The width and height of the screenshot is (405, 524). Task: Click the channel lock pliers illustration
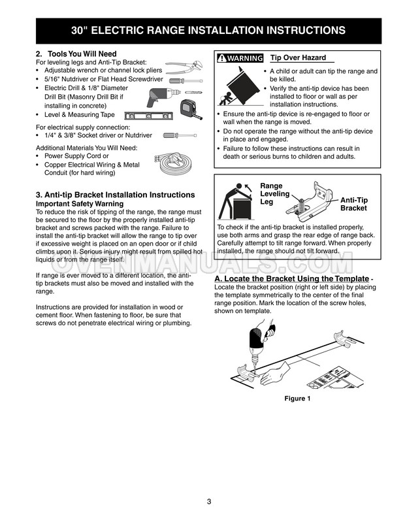point(184,67)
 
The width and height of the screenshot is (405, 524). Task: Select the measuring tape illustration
point(191,109)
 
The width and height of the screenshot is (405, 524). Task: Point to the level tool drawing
point(149,116)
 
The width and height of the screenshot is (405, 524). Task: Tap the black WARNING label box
point(240,58)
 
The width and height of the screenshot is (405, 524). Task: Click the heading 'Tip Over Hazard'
point(298,57)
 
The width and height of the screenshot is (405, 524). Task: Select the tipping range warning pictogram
point(239,86)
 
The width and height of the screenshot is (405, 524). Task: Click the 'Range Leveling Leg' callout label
point(274,194)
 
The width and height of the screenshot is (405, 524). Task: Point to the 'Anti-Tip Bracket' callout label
point(354,204)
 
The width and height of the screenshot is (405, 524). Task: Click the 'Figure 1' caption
point(297,399)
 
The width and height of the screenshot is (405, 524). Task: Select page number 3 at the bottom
point(209,501)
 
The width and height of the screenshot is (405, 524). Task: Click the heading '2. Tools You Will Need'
point(76,54)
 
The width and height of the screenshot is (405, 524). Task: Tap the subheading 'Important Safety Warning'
point(80,203)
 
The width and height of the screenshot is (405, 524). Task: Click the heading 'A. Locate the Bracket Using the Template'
point(292,279)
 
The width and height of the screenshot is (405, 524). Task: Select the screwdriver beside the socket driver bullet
point(180,135)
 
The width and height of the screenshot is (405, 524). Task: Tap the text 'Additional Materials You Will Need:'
point(86,148)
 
